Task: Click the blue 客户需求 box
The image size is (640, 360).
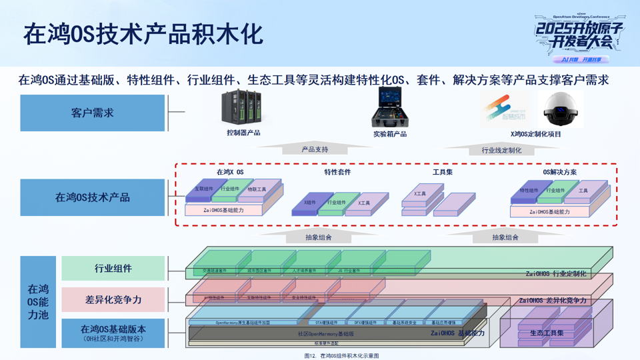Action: pos(92,113)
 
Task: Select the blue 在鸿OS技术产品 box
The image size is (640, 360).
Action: pos(92,197)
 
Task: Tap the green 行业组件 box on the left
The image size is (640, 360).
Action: pos(113,269)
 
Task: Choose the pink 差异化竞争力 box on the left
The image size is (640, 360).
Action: pos(113,300)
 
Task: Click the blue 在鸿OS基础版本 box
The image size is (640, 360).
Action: pos(113,333)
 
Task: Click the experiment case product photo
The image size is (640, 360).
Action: pos(390,107)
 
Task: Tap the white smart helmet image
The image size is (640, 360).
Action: pos(561,109)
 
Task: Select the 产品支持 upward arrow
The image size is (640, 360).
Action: pos(315,149)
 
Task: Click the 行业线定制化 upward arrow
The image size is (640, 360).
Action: pos(501,149)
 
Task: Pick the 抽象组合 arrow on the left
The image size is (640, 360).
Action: pos(318,236)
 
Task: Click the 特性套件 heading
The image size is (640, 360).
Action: pos(337,172)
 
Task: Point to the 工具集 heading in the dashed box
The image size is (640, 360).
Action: pos(443,172)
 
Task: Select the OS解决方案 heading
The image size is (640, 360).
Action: pos(560,172)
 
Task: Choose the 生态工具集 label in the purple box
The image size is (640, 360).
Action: pos(547,333)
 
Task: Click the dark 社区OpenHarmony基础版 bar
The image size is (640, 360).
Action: pos(327,333)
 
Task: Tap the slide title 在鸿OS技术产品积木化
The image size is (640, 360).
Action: pos(143,34)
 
